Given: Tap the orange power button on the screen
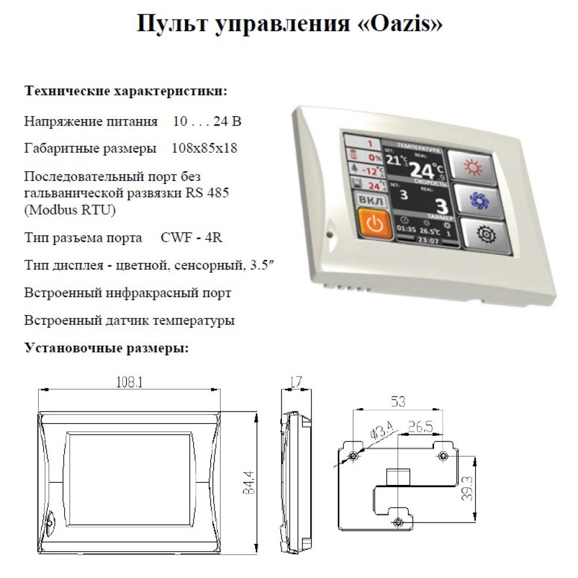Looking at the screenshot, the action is click(375, 223).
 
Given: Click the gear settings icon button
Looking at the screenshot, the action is click(486, 235).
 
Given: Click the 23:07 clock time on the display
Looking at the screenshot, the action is click(428, 240).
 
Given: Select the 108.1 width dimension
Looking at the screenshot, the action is click(129, 382).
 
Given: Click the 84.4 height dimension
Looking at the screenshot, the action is click(249, 482).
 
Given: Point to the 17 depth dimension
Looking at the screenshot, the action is click(296, 381).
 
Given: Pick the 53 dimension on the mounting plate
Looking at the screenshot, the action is click(398, 401).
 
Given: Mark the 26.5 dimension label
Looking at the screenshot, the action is click(421, 427).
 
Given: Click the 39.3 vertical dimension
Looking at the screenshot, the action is click(467, 488).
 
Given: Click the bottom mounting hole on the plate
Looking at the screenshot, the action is click(398, 522).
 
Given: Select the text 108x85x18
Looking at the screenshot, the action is click(204, 148).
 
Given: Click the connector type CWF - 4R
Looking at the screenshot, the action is click(191, 238).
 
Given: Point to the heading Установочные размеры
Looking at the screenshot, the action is click(106, 347).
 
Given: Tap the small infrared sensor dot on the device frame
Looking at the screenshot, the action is click(330, 234).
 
